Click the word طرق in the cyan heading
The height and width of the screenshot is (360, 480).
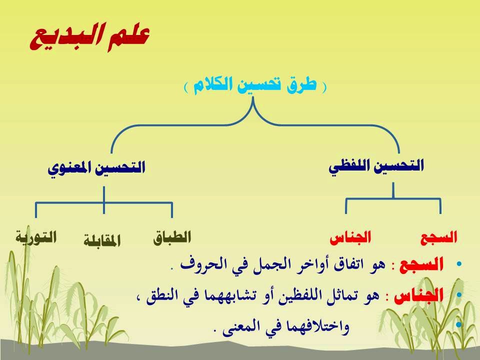[x=302, y=85]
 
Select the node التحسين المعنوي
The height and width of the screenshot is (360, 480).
[x=96, y=168]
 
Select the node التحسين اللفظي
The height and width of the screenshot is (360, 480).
[x=376, y=166]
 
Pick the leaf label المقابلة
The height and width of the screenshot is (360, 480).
[x=102, y=241]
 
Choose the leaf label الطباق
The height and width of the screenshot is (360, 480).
[x=172, y=237]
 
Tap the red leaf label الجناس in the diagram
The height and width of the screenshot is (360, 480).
[x=350, y=237]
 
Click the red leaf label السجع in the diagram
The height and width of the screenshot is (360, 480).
[x=438, y=238]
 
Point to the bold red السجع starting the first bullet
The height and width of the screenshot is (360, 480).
[x=421, y=264]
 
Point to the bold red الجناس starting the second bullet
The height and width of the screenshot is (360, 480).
[x=419, y=295]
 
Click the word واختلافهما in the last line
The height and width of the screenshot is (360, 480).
[x=316, y=326]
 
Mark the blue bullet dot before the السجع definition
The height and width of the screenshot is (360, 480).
[x=458, y=264]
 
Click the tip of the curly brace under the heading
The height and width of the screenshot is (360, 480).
[x=253, y=97]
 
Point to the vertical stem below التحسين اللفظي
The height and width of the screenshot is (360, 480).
[x=393, y=190]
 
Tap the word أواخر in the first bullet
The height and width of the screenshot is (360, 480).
[x=311, y=264]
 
